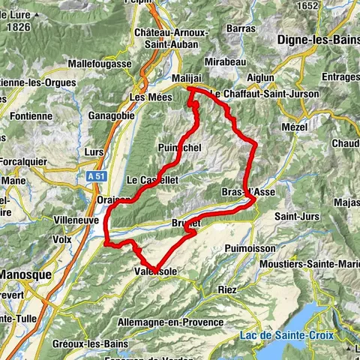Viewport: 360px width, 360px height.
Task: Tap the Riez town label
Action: tap(228, 289)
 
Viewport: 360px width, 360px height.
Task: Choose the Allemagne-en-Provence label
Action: tap(170, 322)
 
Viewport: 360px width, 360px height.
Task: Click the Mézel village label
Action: tap(295, 127)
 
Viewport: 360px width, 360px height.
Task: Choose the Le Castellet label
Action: tap(151, 180)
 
